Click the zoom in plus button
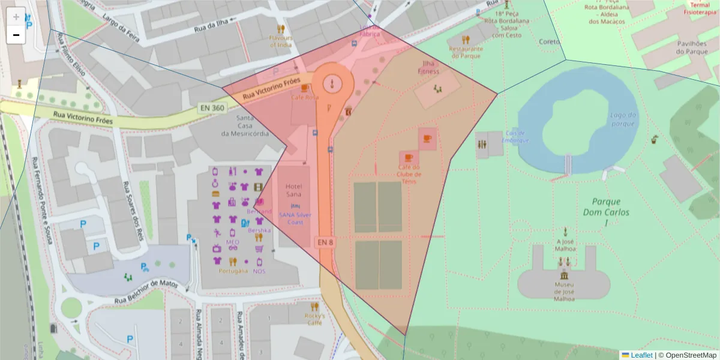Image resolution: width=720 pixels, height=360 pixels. point(16,17)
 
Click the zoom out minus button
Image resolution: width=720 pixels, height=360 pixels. point(16,35)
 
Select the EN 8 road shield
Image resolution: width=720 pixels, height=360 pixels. point(325,242)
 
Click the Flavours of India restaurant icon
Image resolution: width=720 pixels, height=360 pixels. point(280,29)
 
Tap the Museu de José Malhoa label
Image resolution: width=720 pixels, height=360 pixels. point(564,291)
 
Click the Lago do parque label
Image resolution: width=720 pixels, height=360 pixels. point(622,119)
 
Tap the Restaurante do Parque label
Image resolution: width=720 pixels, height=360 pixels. point(466,52)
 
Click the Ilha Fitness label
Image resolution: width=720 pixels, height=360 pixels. point(428,67)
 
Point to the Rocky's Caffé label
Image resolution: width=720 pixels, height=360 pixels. point(314,319)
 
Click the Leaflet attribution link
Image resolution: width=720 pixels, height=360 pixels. point(641,355)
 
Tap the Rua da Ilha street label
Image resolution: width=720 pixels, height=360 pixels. point(211,26)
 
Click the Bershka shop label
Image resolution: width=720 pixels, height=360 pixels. point(259,230)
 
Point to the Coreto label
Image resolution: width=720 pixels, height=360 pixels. point(549,42)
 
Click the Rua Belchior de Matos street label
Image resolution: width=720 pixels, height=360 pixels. point(146,290)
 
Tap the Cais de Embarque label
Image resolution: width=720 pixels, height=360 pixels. point(516,137)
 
